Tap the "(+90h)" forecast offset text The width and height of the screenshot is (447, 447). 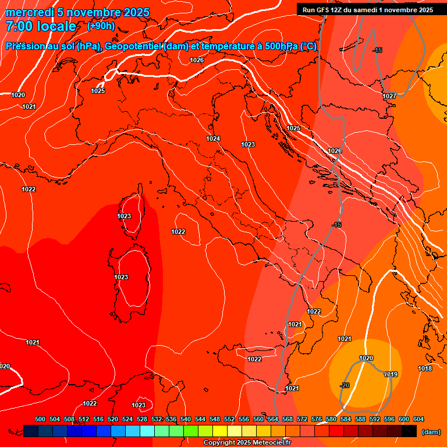101,26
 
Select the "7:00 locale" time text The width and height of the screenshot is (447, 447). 41,26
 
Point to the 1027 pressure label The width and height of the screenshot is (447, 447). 389,96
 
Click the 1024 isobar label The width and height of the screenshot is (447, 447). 213,139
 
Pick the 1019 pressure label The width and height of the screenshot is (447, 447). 391,374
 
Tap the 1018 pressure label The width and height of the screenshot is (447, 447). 425,368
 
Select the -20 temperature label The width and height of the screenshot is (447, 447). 345,385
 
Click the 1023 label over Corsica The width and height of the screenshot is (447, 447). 124,216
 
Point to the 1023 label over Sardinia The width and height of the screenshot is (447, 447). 121,277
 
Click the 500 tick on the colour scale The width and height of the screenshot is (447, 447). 40,419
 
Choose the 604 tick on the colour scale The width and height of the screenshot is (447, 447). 418,419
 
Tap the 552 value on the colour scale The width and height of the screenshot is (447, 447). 229,419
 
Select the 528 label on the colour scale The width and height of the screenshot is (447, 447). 142,419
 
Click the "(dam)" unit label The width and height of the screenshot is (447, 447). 431,432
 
